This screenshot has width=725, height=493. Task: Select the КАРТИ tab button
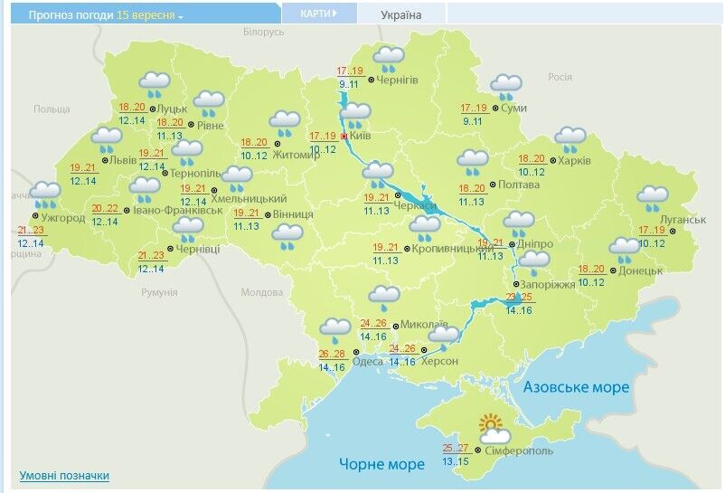(317, 14)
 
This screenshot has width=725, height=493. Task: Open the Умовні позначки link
(64, 475)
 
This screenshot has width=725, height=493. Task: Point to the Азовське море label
(576, 387)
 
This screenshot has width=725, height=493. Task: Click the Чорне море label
(381, 464)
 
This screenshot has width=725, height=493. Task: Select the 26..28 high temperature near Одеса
(332, 354)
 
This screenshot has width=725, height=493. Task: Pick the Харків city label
(574, 161)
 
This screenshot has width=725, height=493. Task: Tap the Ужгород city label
(61, 217)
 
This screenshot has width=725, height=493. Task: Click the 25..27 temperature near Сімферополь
(456, 448)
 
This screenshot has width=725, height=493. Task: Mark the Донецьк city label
(642, 270)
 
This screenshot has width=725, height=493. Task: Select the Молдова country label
(261, 292)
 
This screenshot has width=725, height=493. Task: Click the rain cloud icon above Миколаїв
(384, 297)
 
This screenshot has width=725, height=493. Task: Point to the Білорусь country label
(263, 32)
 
